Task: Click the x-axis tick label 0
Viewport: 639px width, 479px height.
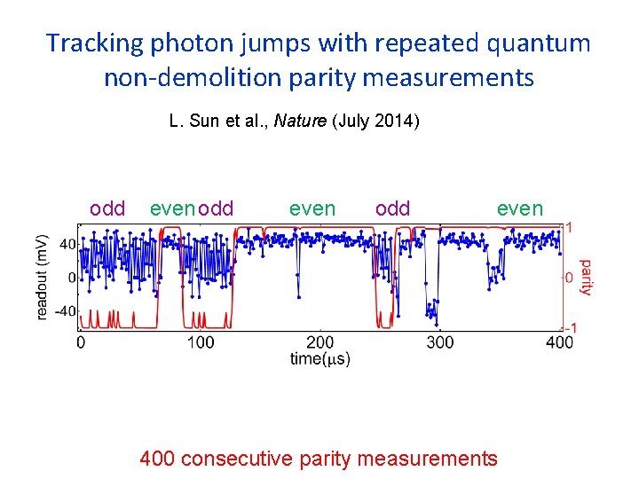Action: click(x=82, y=342)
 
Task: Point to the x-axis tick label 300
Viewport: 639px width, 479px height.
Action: click(x=439, y=342)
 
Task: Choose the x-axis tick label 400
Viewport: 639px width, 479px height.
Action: click(x=559, y=342)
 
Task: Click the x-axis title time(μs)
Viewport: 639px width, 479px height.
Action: click(x=319, y=358)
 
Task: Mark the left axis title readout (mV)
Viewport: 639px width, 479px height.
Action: click(x=43, y=277)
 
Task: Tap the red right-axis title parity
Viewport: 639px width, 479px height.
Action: click(x=586, y=278)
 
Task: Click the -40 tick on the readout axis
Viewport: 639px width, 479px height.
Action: click(x=67, y=311)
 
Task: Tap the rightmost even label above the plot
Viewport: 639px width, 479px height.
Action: click(x=519, y=208)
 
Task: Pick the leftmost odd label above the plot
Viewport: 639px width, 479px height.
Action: click(x=107, y=208)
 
